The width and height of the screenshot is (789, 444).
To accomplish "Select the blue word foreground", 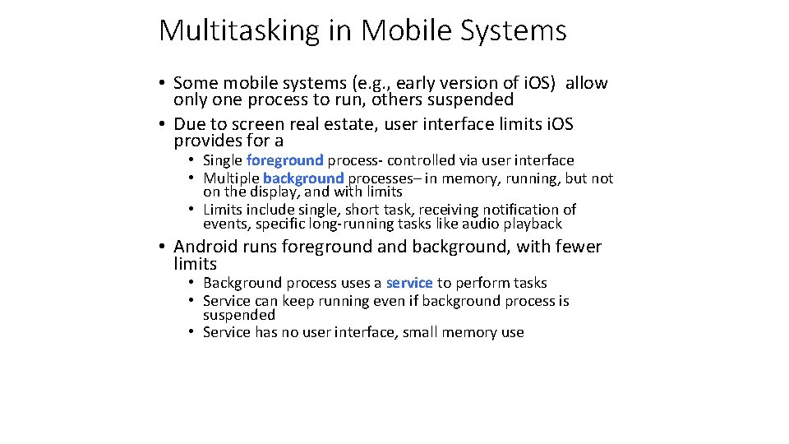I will click(284, 160).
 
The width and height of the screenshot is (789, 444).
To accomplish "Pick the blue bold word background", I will click(303, 178).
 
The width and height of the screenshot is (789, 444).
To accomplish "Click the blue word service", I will click(409, 283).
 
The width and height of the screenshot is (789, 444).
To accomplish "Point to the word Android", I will click(205, 247).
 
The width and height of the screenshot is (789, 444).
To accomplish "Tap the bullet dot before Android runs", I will click(164, 247).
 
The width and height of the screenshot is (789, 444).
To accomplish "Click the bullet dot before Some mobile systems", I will click(164, 83).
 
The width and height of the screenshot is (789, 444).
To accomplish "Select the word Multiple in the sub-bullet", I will click(231, 178).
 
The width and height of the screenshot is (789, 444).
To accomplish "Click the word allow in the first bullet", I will click(587, 83).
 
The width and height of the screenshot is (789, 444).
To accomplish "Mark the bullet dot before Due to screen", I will click(164, 124).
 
